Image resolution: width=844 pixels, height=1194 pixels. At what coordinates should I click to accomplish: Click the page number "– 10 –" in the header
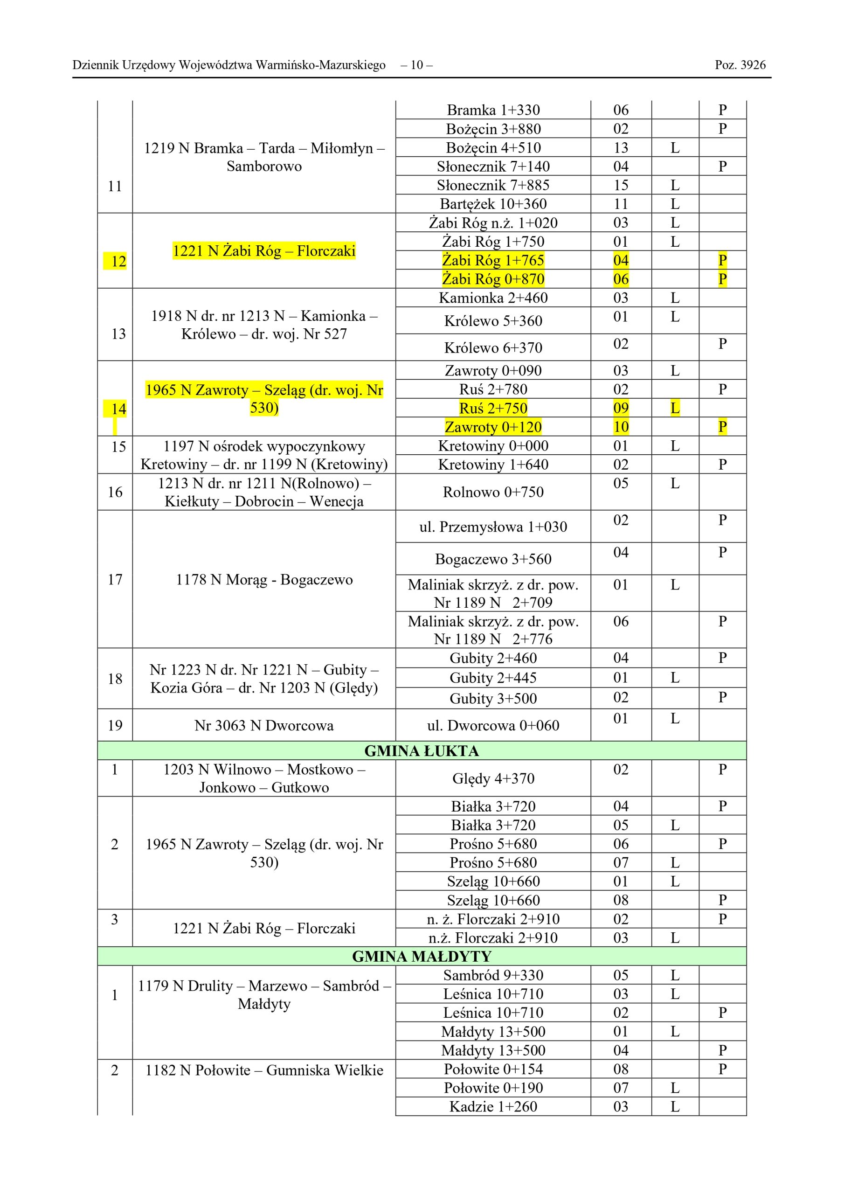pyautogui.click(x=416, y=65)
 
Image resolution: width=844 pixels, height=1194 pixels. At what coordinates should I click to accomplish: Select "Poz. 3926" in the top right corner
pyautogui.click(x=740, y=65)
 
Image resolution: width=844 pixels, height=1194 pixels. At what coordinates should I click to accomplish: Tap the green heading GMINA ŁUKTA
pyautogui.click(x=421, y=751)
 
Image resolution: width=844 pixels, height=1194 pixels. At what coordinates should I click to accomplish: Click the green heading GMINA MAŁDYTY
pyautogui.click(x=421, y=956)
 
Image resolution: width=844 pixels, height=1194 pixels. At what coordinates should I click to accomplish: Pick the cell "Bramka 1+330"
pyautogui.click(x=493, y=110)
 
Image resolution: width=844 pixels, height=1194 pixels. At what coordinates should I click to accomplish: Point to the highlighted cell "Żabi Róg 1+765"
pyautogui.click(x=493, y=260)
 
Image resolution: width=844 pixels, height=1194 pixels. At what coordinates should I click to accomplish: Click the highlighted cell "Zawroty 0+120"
pyautogui.click(x=493, y=427)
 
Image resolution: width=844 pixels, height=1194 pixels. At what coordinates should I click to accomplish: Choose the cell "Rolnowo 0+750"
pyautogui.click(x=493, y=492)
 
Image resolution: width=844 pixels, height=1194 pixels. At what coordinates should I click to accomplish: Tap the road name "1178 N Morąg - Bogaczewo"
pyautogui.click(x=264, y=579)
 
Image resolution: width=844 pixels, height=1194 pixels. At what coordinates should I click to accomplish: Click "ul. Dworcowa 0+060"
pyautogui.click(x=493, y=725)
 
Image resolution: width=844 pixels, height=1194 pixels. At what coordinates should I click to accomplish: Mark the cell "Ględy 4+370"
pyautogui.click(x=493, y=778)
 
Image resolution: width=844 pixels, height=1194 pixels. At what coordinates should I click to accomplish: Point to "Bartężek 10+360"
pyautogui.click(x=493, y=204)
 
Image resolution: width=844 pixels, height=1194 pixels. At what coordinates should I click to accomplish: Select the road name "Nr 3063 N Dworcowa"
pyautogui.click(x=264, y=725)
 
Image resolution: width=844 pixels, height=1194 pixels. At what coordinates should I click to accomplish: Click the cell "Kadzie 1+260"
pyautogui.click(x=493, y=1107)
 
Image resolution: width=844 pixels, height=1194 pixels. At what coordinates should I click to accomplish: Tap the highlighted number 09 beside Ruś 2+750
pyautogui.click(x=621, y=408)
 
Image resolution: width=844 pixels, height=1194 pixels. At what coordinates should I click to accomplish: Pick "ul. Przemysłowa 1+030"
pyautogui.click(x=493, y=527)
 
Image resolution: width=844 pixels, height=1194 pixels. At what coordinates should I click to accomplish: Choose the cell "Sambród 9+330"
pyautogui.click(x=493, y=975)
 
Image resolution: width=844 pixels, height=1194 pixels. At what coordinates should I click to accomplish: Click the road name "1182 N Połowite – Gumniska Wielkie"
pyautogui.click(x=264, y=1070)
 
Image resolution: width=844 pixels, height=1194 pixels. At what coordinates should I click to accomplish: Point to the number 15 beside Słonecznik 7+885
pyautogui.click(x=621, y=185)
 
